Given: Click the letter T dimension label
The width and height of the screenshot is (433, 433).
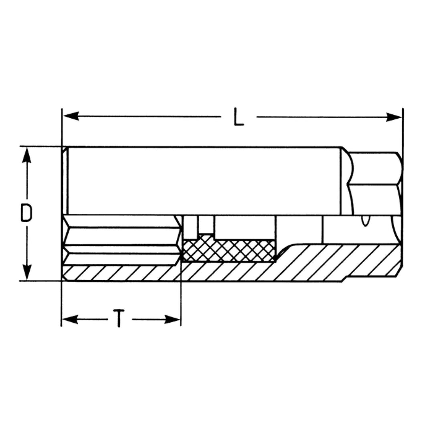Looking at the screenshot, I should pyautogui.click(x=119, y=319).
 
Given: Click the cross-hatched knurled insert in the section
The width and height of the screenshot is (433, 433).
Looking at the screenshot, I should pyautogui.click(x=229, y=251).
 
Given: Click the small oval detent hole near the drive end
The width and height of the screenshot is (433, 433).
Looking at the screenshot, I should pyautogui.click(x=364, y=221).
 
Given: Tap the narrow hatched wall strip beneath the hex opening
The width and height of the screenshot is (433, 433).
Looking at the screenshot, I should pyautogui.click(x=120, y=273).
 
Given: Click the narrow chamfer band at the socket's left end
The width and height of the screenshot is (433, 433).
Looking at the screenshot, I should pyautogui.click(x=65, y=180).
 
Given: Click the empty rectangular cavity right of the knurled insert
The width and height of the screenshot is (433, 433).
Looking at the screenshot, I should pyautogui.click(x=299, y=229).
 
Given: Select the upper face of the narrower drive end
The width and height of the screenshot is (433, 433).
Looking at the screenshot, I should pyautogui.click(x=375, y=168).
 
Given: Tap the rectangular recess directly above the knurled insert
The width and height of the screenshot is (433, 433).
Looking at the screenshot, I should pyautogui.click(x=245, y=227).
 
